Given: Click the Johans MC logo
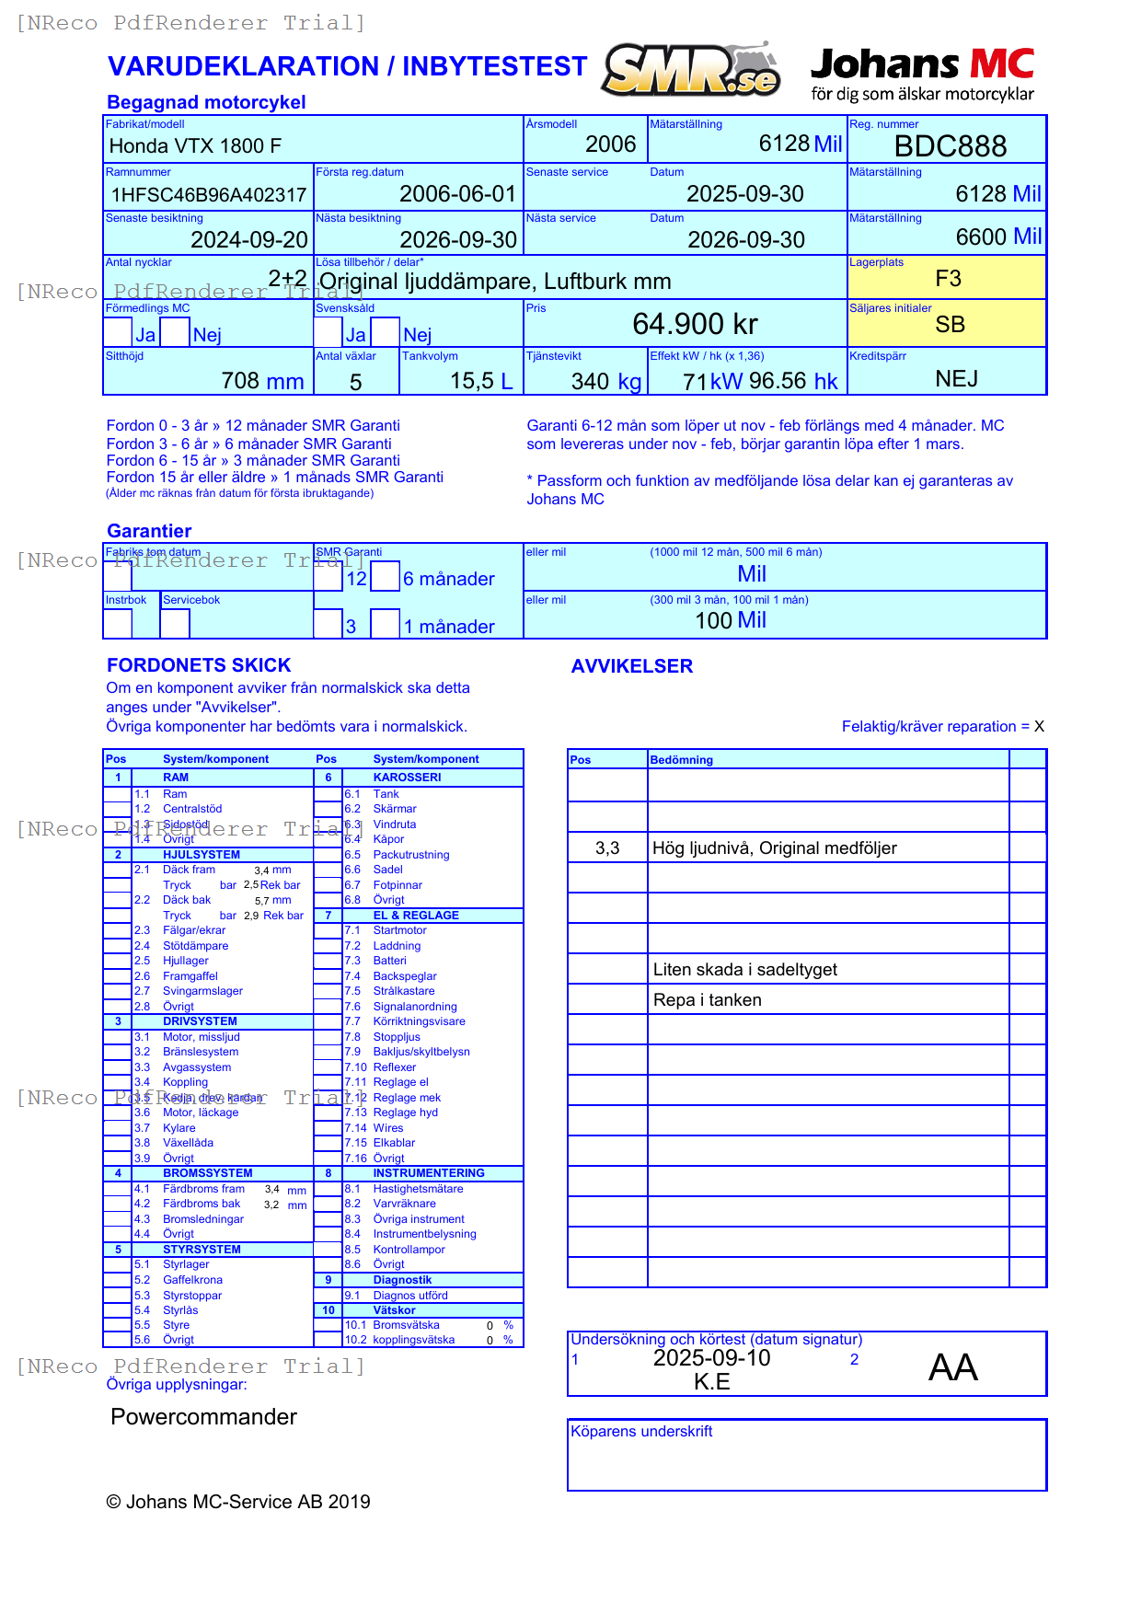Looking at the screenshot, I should (922, 74).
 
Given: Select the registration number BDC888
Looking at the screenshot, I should (950, 146).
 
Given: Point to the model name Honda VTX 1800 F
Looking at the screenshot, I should (195, 146).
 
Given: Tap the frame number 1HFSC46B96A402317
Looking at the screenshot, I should (209, 195).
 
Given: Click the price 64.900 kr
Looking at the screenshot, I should (695, 324).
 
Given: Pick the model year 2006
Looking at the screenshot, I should (610, 144).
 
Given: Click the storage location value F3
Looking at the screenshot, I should (948, 279).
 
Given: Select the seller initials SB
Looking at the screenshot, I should (950, 325).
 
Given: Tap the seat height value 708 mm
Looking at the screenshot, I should (262, 381).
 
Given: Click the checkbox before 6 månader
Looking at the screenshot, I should (386, 576).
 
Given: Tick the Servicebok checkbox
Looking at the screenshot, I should (175, 623).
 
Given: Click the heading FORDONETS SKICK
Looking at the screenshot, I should (199, 665).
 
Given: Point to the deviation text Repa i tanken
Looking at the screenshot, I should (707, 1000).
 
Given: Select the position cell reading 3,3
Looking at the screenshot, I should (607, 848).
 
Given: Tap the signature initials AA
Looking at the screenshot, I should (952, 1368).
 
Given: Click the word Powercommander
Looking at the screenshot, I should (203, 1417).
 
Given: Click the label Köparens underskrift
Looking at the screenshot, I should (641, 1432).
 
